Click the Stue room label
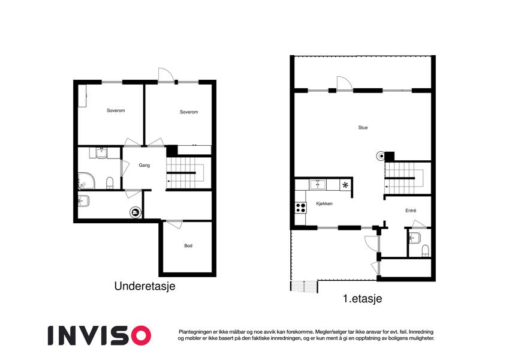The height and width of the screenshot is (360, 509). click(363, 128)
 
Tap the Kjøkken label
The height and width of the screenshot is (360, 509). click(324, 204)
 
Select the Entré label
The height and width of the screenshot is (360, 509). click(411, 211)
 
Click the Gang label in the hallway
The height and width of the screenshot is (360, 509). click(144, 166)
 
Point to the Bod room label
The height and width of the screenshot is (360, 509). click(188, 245)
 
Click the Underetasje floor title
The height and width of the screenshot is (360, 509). click(144, 286)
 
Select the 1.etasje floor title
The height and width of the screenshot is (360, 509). click(362, 299)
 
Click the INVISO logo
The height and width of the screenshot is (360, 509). click(100, 335)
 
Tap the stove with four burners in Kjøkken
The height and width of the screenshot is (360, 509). click(300, 208)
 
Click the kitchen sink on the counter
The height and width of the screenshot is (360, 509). click(318, 185)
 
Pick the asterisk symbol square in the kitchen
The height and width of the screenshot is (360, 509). click(345, 185)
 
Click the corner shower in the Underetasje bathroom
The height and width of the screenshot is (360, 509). click(86, 181)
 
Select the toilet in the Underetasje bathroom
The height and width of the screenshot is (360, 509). click(110, 183)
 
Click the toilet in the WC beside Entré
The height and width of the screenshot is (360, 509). click(425, 251)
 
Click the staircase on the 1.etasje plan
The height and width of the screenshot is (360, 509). click(404, 178)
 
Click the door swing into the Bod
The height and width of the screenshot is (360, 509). click(174, 224)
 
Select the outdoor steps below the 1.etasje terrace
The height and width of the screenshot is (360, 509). click(303, 286)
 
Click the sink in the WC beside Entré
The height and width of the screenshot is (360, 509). click(414, 238)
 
